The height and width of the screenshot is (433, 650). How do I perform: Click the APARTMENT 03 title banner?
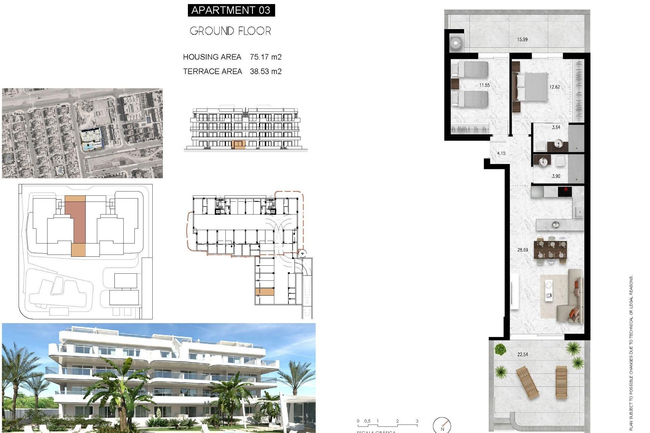tap(231, 10)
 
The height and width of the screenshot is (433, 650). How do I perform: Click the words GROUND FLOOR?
tap(230, 31)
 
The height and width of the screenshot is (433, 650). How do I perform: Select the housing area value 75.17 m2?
tap(265, 57)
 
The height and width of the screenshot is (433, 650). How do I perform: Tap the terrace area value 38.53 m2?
tap(265, 72)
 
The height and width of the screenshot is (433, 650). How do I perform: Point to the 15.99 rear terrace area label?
tap(522, 40)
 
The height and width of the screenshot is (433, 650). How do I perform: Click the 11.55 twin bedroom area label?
tap(484, 85)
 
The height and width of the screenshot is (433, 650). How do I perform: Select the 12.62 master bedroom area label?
tap(554, 87)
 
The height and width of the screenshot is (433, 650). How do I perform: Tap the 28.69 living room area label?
tap(522, 250)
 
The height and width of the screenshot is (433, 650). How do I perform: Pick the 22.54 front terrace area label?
tap(522, 355)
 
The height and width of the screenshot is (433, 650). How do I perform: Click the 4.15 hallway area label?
tap(501, 153)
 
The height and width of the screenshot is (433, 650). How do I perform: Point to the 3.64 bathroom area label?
tap(556, 128)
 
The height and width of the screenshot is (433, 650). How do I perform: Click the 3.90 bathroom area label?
tap(556, 176)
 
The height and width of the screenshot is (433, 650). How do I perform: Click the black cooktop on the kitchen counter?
tap(565, 192)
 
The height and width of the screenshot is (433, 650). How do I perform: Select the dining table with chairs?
tap(550, 249)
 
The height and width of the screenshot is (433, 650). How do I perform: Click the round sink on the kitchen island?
tap(555, 224)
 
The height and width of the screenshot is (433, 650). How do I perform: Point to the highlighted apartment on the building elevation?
tap(239, 145)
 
